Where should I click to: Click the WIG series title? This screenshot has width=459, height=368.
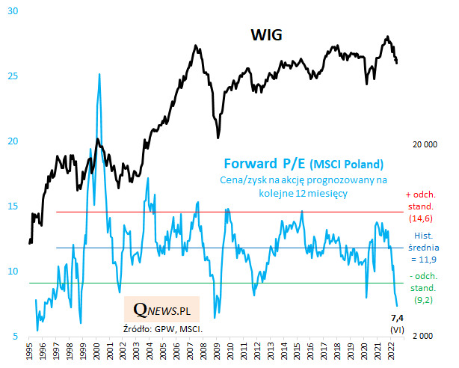(265, 36)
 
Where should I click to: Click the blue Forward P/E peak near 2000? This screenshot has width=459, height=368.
(99, 75)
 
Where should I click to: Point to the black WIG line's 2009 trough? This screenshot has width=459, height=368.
(218, 137)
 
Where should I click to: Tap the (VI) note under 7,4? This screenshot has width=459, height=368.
(398, 330)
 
